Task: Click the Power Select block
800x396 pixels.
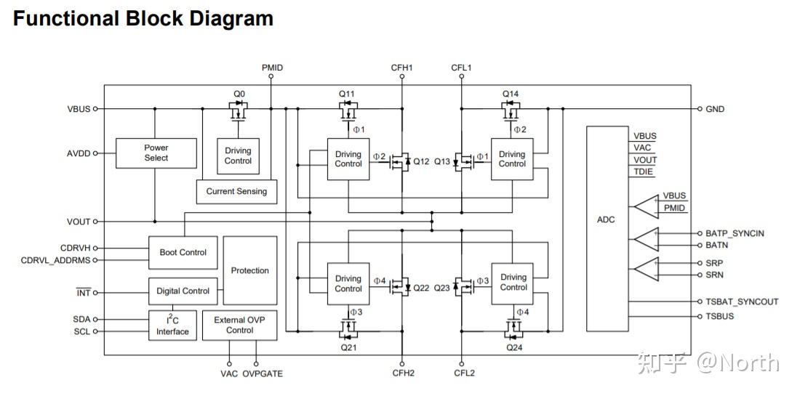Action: pyautogui.click(x=156, y=153)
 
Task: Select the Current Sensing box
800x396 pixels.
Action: pyautogui.click(x=237, y=192)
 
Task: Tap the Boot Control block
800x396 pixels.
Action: pyautogui.click(x=183, y=252)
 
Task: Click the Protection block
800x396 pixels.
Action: pyautogui.click(x=250, y=270)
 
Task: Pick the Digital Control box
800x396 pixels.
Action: pyautogui.click(x=183, y=291)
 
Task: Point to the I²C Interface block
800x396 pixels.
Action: pyautogui.click(x=172, y=326)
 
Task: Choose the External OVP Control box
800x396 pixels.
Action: pyautogui.click(x=240, y=326)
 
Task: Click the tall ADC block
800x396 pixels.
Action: pyautogui.click(x=607, y=229)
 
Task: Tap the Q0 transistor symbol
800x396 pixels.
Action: pyautogui.click(x=239, y=112)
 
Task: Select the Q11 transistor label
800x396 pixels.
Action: pyautogui.click(x=346, y=94)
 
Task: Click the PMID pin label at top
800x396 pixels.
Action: pyautogui.click(x=272, y=68)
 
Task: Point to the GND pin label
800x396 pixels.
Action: pyautogui.click(x=715, y=109)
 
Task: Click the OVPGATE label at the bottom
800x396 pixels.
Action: pyautogui.click(x=263, y=373)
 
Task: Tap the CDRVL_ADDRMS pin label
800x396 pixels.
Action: pyautogui.click(x=55, y=260)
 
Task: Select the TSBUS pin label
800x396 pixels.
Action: pyautogui.click(x=720, y=316)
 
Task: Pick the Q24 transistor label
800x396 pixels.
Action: pyautogui.click(x=514, y=348)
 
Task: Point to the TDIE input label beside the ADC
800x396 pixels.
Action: pyautogui.click(x=643, y=171)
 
